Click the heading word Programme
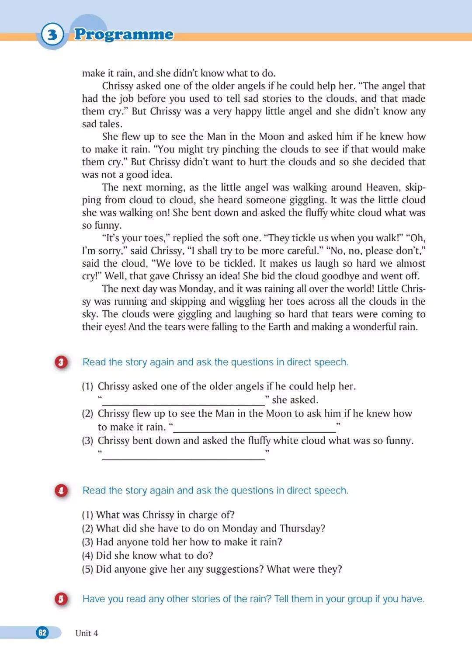pyautogui.click(x=124, y=34)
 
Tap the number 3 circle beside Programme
pyautogui.click(x=52, y=34)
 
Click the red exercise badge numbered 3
pyautogui.click(x=61, y=362)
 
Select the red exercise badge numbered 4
pyautogui.click(x=61, y=490)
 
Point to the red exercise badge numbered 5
pyautogui.click(x=61, y=599)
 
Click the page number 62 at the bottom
pyautogui.click(x=42, y=632)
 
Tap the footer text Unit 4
pyautogui.click(x=87, y=633)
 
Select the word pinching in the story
pyautogui.click(x=241, y=149)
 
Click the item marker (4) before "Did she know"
pyautogui.click(x=88, y=556)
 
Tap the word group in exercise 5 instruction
pyautogui.click(x=360, y=599)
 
